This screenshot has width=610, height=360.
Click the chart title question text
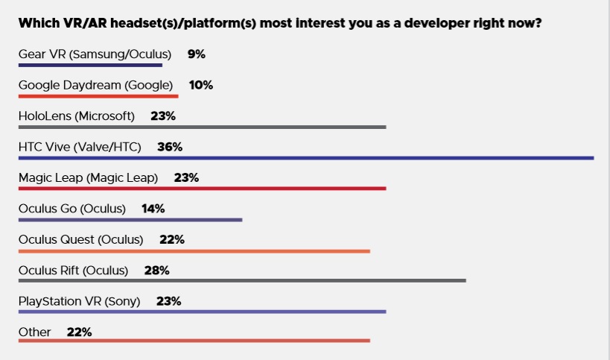click(x=279, y=23)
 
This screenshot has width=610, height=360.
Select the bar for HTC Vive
click(x=305, y=158)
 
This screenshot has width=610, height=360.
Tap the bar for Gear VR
click(x=90, y=66)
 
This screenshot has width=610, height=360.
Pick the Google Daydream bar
click(x=98, y=96)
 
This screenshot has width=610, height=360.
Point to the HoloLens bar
click(x=202, y=127)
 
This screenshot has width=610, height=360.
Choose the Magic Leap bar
click(x=202, y=189)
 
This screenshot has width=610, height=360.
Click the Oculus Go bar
click(x=130, y=220)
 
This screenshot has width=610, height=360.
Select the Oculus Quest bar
click(x=194, y=250)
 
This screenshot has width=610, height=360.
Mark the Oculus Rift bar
click(x=242, y=281)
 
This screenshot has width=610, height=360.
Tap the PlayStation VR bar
click(x=202, y=312)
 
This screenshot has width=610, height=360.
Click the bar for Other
click(x=194, y=341)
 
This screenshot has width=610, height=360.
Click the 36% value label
click(x=170, y=147)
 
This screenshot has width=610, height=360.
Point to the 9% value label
click(x=196, y=54)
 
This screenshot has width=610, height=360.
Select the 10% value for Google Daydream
click(x=201, y=85)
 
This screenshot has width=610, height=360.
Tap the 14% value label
click(x=153, y=209)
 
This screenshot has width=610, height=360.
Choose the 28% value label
click(x=157, y=270)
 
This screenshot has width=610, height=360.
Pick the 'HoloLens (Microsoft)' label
click(x=76, y=116)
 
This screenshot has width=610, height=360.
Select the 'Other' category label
click(x=34, y=332)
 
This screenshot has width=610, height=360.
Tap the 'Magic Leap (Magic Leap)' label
click(x=88, y=177)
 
